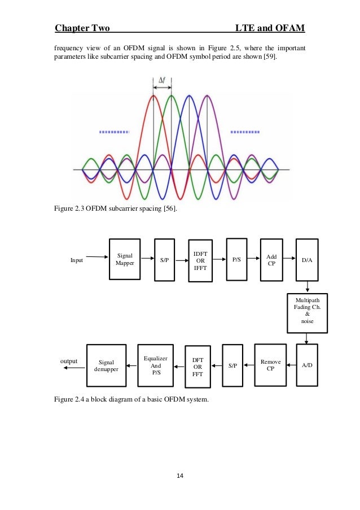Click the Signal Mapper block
[x=125, y=260]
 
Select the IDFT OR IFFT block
[x=201, y=260]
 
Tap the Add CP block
[x=271, y=260]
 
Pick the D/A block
[x=307, y=260]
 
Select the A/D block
[x=307, y=365]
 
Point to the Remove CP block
[x=270, y=365]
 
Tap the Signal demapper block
[x=106, y=365]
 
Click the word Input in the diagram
[x=76, y=260]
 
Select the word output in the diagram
[x=68, y=360]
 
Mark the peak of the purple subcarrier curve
[x=207, y=97]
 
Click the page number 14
[x=180, y=476]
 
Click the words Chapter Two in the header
[x=82, y=28]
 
